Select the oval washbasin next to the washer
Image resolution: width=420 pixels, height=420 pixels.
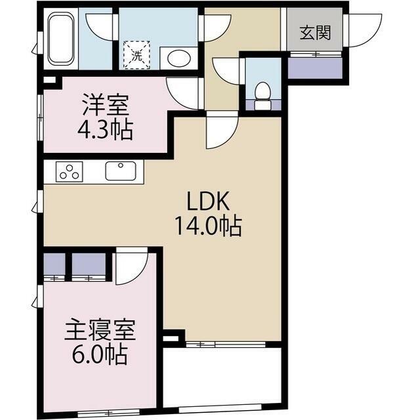tap(177, 58)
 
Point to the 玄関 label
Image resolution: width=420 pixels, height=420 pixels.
tap(314, 33)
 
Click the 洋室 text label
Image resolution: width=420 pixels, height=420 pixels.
tap(105, 105)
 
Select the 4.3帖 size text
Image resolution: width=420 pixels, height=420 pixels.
tap(105, 129)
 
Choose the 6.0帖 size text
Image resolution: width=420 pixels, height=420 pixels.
tap(100, 356)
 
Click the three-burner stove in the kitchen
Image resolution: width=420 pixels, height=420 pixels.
tap(69, 172)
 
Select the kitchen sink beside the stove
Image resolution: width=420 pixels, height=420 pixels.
tap(121, 172)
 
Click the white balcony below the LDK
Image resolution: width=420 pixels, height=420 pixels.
tap(222, 377)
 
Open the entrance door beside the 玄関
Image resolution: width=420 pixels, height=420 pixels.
tap(363, 30)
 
